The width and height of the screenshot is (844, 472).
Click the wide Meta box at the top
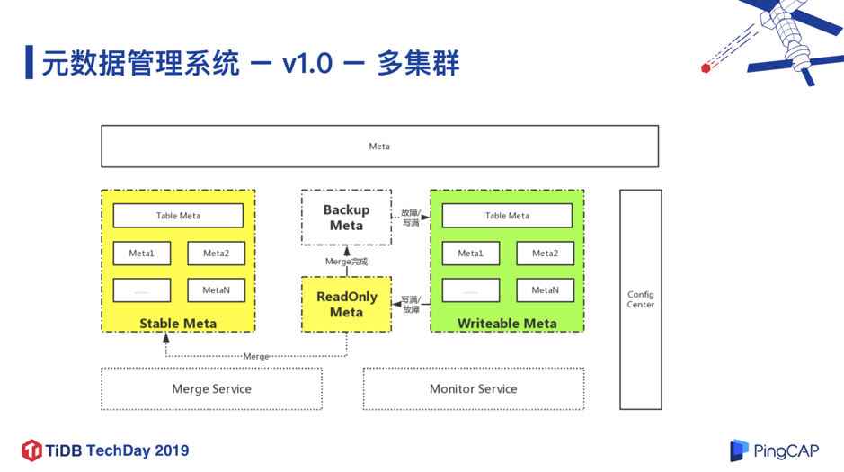379,147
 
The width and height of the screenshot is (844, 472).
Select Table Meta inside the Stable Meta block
178,216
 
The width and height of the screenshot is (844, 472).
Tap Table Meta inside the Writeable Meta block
507,216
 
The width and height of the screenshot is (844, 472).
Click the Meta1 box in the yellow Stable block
142,254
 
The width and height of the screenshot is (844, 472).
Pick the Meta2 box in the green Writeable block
545,254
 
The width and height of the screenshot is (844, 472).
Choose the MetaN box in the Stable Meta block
216,290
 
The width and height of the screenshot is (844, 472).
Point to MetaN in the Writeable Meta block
545,290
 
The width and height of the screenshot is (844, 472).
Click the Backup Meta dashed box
346,218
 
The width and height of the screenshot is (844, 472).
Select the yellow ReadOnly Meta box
346,305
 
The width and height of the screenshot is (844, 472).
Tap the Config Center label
641,299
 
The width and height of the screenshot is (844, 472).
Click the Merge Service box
211,389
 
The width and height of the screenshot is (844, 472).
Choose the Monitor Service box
473,389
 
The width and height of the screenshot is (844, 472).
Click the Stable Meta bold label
178,324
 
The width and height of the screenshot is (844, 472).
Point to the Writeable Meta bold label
507,324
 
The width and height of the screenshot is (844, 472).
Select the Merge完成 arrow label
346,262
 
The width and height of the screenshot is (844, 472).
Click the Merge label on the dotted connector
256,357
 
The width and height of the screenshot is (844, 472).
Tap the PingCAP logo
775,450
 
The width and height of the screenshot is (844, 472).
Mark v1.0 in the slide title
307,64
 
